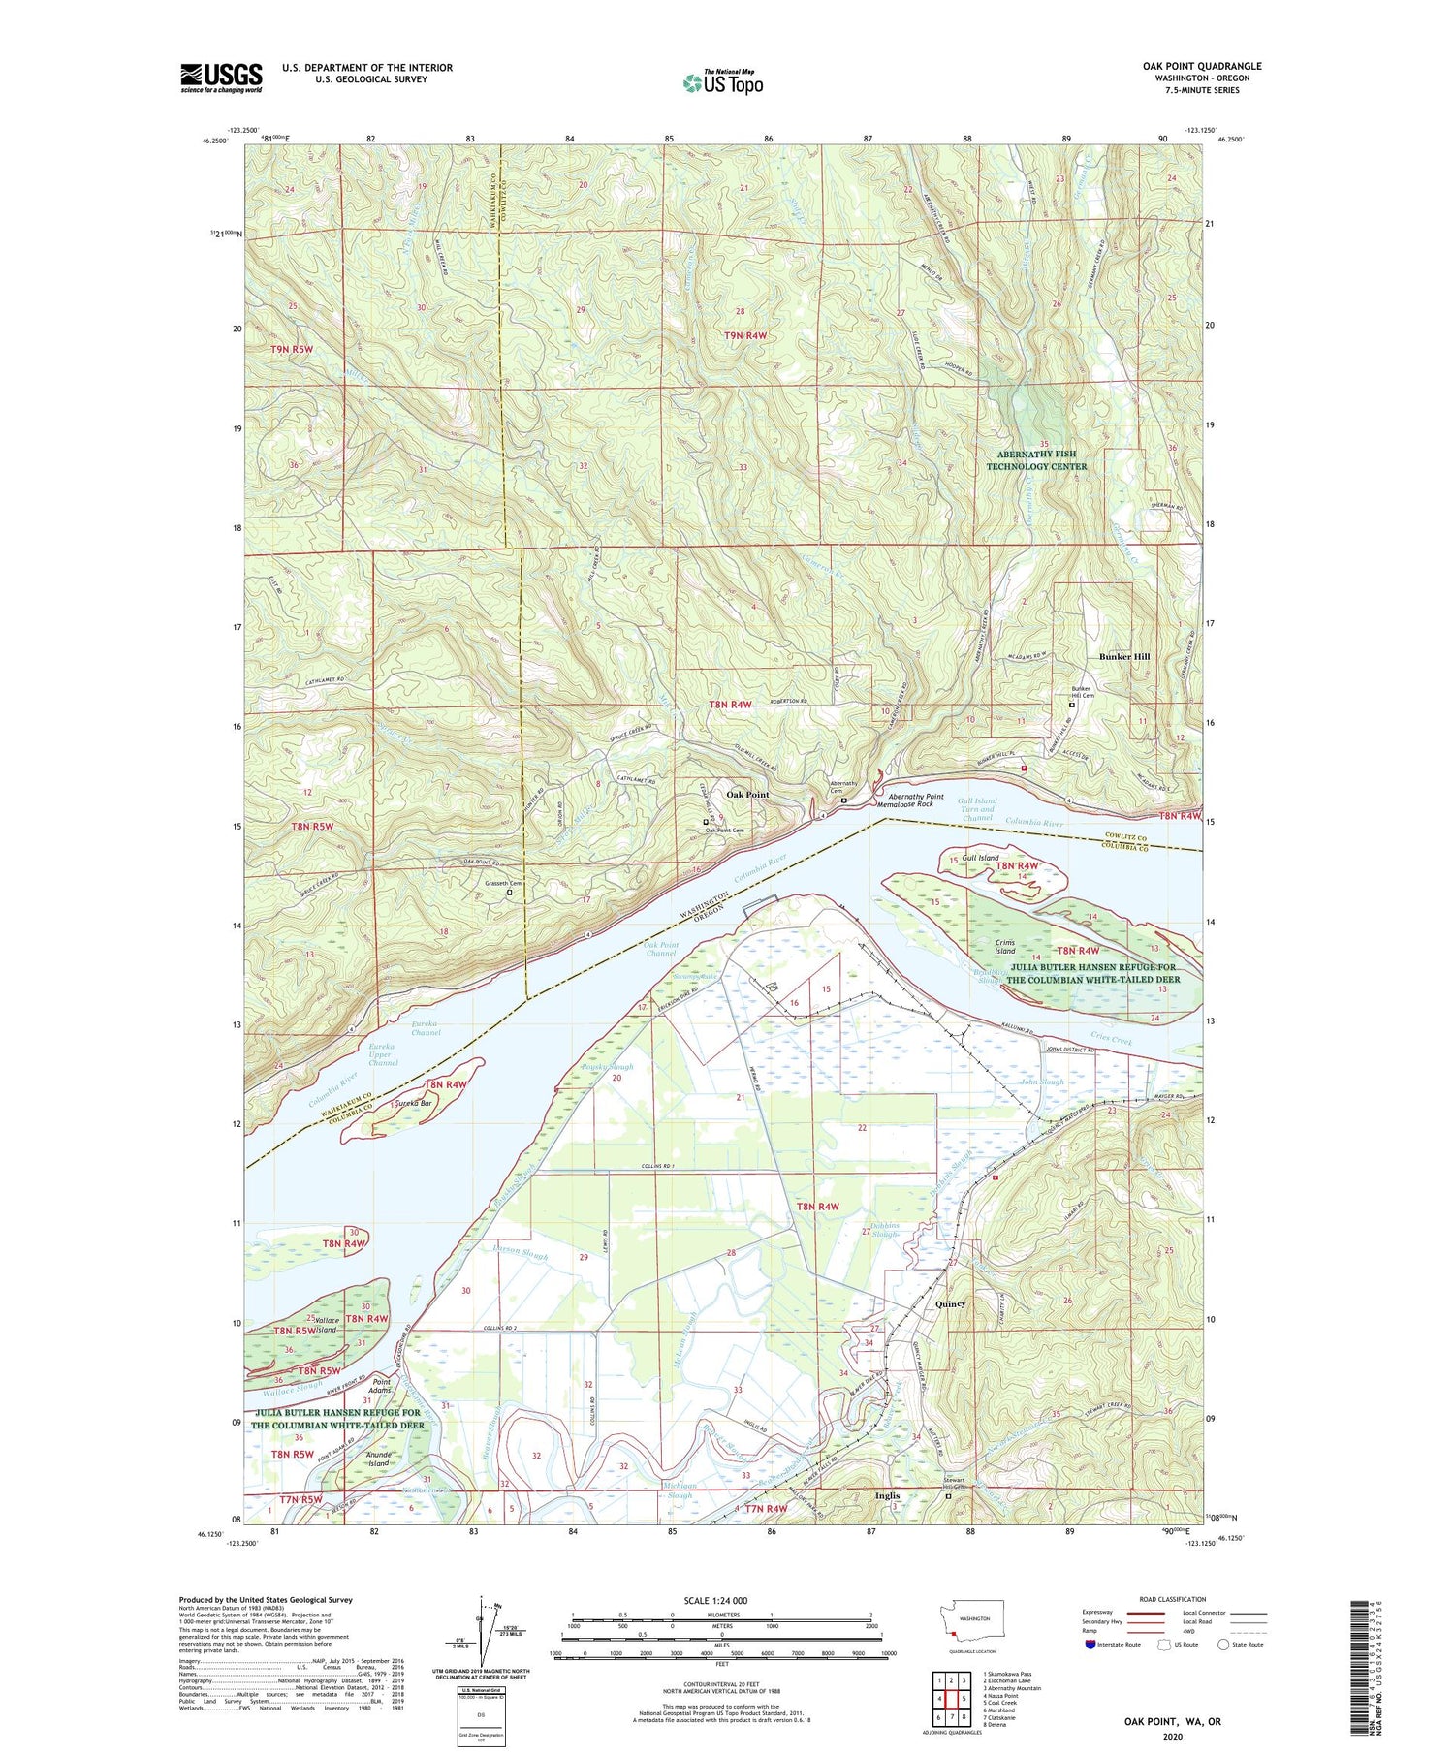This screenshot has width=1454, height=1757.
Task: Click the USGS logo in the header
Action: coord(221,78)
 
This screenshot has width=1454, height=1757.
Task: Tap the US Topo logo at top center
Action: coord(722,84)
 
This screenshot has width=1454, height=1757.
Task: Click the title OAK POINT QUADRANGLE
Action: coord(1202,66)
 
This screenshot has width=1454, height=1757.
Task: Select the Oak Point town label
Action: coord(747,794)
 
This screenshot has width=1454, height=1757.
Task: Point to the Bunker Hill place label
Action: coord(1123,656)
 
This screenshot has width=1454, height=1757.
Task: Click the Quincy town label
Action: coord(950,1303)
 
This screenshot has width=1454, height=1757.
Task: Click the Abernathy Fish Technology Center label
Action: coord(1036,459)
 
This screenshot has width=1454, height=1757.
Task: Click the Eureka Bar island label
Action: coord(410,1103)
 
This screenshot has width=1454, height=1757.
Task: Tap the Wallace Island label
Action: coord(327,1325)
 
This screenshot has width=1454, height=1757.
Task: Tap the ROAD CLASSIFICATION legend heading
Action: coord(1144,1599)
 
